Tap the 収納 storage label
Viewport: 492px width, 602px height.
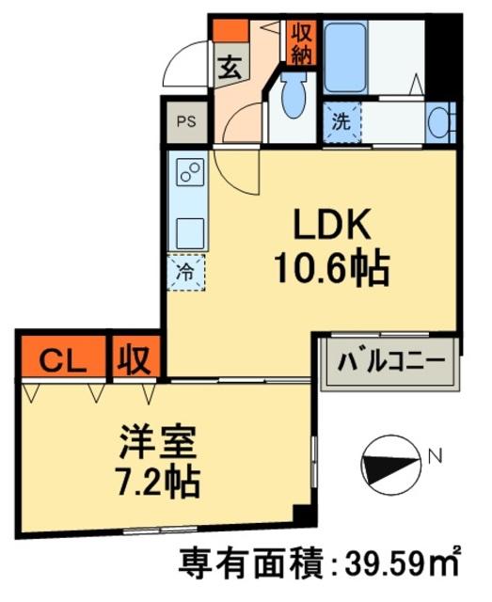click(x=300, y=42)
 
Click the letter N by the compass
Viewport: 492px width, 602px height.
click(x=435, y=457)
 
